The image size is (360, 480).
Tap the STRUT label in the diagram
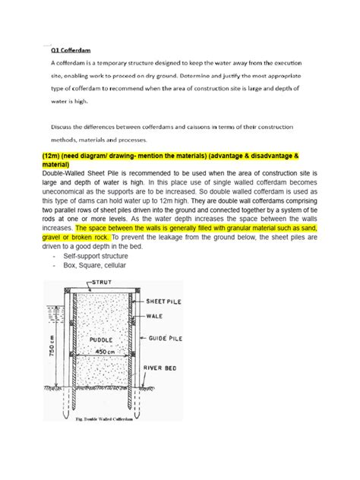click(104, 283)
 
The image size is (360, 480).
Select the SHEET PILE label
click(176, 301)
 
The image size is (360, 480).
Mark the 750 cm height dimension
click(49, 348)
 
